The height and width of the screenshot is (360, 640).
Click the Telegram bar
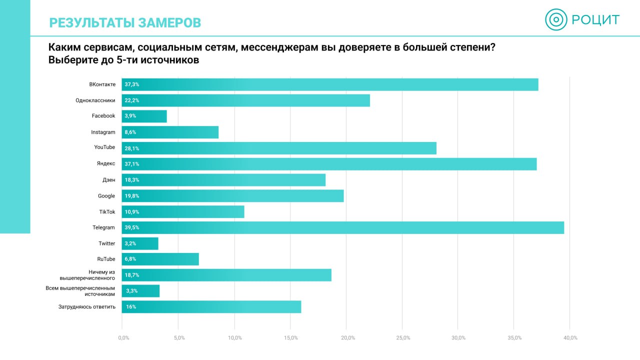(x=343, y=227)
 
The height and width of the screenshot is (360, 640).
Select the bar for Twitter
(x=140, y=243)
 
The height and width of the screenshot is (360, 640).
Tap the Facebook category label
(x=103, y=116)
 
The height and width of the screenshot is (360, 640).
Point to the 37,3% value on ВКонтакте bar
(x=132, y=84)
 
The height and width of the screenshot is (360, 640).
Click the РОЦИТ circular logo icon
(x=556, y=20)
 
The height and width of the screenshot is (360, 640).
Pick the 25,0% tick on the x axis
(x=403, y=338)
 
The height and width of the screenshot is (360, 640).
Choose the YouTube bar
(x=279, y=148)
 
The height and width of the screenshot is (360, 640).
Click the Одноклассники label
(x=95, y=100)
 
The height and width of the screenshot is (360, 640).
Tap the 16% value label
(x=131, y=307)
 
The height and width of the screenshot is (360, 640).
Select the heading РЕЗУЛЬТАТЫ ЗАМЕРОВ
(x=125, y=22)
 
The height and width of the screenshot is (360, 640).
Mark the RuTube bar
(x=160, y=259)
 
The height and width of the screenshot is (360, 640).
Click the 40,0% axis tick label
(x=570, y=338)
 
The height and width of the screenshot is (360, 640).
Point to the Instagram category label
(x=103, y=132)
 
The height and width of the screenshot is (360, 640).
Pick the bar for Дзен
(x=223, y=180)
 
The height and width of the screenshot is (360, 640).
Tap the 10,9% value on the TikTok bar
(x=132, y=212)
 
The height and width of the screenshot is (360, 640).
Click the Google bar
(x=232, y=196)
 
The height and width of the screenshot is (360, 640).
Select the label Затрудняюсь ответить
(x=87, y=306)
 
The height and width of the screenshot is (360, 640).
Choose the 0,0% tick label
(x=123, y=338)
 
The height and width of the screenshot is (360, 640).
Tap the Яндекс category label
(x=106, y=163)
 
